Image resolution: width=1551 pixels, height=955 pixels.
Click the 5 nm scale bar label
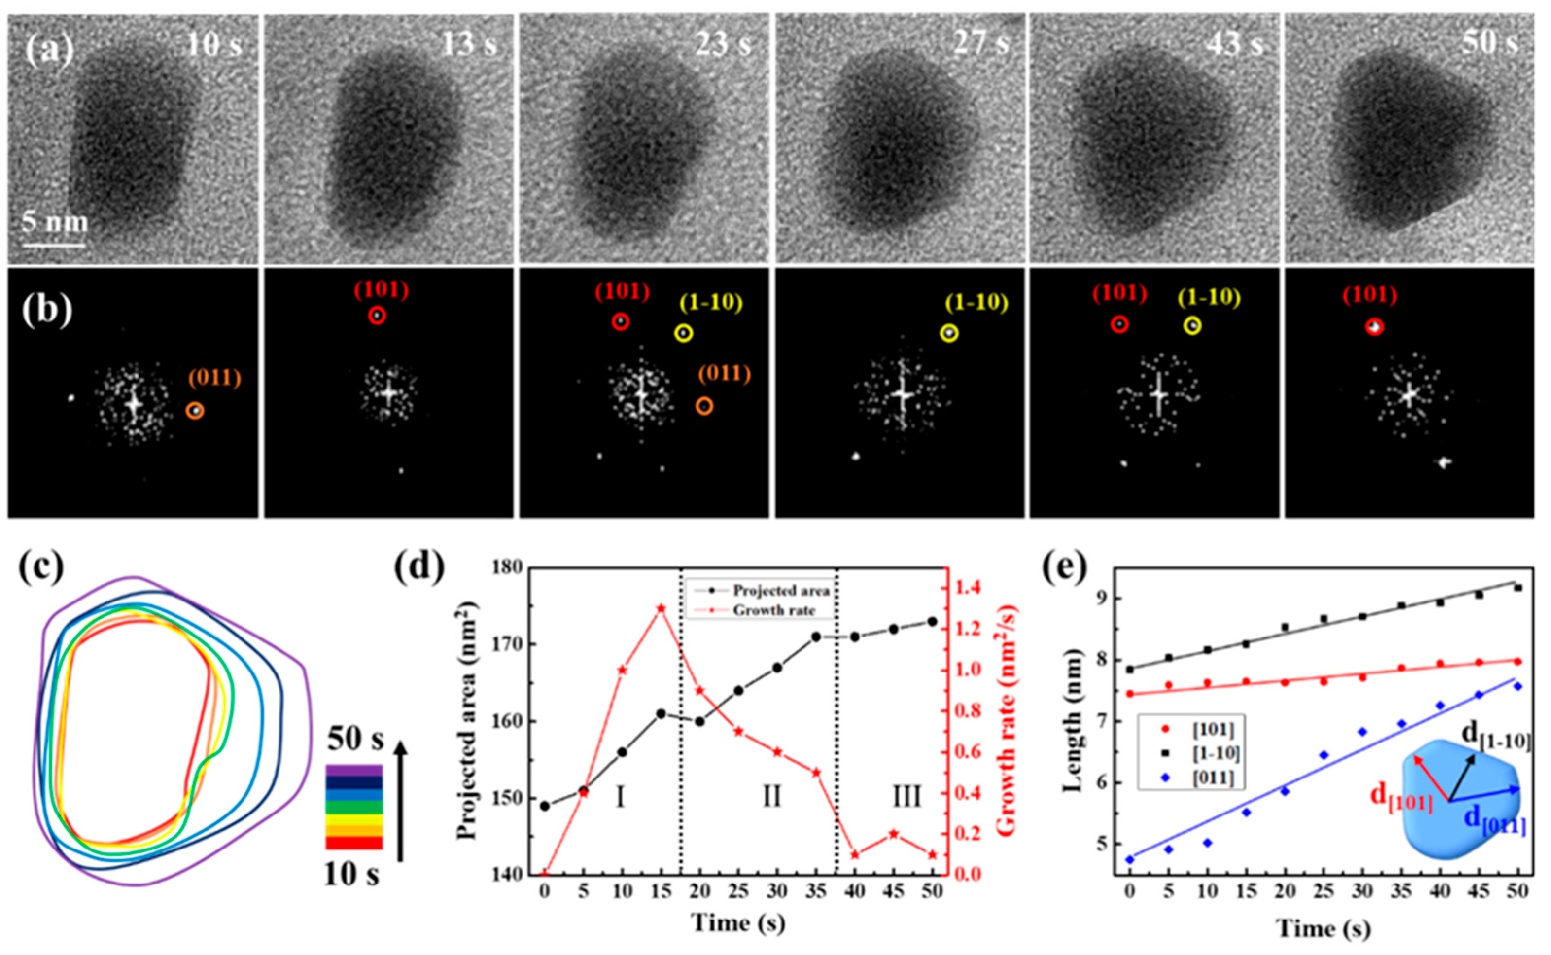[55, 222]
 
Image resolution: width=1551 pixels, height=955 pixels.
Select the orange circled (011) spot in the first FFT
[195, 410]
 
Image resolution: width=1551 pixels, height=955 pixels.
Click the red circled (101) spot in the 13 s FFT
[377, 315]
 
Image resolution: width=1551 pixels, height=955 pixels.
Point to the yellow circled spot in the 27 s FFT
[949, 334]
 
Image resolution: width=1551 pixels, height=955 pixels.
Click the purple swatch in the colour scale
[353, 770]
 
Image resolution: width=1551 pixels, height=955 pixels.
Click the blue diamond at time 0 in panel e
[1130, 859]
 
